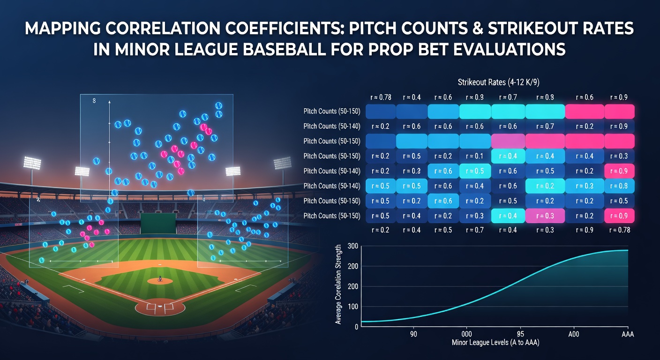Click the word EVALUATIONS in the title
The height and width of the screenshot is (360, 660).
coord(509,49)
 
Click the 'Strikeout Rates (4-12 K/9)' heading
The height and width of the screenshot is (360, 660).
coord(499,82)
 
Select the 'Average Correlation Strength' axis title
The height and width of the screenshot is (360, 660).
coord(338,285)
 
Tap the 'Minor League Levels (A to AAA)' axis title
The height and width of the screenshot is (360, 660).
coord(495,343)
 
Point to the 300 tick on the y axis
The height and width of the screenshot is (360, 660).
coord(352,246)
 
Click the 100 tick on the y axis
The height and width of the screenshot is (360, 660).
coord(352,307)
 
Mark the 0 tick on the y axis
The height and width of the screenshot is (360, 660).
coord(356,327)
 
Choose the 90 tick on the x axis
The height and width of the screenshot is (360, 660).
coord(413,334)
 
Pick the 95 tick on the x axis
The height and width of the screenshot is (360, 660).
coord(520,334)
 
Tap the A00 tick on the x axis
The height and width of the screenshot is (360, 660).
coord(574,334)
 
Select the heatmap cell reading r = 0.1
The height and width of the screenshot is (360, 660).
coord(475,156)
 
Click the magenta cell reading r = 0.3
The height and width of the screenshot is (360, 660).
coord(545,216)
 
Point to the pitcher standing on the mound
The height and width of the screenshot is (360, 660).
coord(160,278)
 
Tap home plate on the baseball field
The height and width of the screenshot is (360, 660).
coord(160,307)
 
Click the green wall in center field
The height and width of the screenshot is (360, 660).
coord(158,223)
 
